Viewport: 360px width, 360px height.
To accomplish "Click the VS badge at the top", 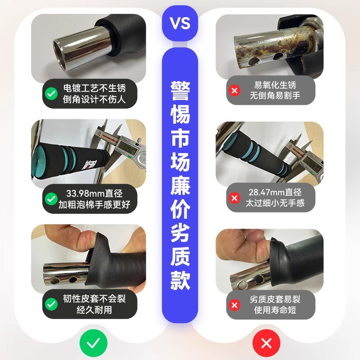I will [180, 22].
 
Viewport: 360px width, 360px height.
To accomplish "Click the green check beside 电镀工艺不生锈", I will [51, 94].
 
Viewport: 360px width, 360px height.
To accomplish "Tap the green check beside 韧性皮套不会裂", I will [51, 304].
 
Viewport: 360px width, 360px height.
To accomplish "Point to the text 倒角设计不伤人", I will [94, 100].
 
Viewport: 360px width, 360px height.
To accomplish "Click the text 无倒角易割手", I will [275, 95].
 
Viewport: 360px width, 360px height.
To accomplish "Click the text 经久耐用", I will [94, 310].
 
